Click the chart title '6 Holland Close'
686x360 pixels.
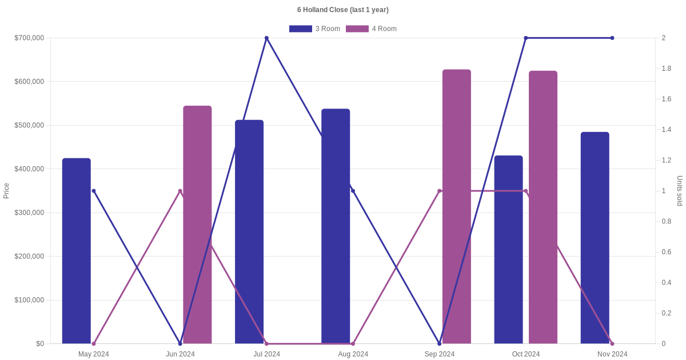coord(342,10)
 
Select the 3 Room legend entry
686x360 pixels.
coord(314,29)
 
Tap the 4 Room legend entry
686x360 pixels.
coord(371,29)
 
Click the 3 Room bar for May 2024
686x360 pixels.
coord(77,251)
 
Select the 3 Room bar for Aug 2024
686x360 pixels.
coord(336,226)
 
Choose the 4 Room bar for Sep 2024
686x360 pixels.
coord(457,207)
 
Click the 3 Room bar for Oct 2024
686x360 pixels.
coord(508,250)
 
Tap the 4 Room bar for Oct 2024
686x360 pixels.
coord(543,207)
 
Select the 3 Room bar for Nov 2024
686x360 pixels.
coord(595,238)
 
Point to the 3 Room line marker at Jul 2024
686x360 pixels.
coord(266,38)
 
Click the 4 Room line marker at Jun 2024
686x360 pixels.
coord(180,191)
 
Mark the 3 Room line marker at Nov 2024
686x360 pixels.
coord(612,38)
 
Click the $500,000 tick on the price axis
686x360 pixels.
coord(29,125)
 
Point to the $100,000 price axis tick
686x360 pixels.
coord(29,300)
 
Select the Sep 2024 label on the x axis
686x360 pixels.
coord(440,354)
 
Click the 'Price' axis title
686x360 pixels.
coord(6,191)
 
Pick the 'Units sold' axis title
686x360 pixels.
coord(680,191)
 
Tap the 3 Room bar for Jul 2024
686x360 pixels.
coord(249,232)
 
